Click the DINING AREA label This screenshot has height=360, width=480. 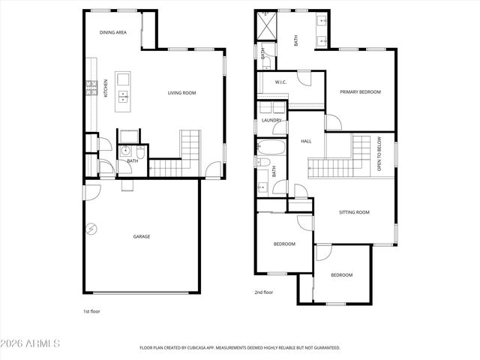point(112,33)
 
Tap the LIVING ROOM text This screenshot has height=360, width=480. point(181,93)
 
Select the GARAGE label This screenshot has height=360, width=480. point(142,236)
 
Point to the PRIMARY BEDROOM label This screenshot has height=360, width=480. point(360,92)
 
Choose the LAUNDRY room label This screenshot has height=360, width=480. point(271,120)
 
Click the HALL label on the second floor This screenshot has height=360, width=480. point(306,141)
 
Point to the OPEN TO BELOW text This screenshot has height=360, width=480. point(379,154)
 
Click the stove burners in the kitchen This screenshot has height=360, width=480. point(91,88)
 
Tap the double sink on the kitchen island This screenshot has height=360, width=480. point(124,95)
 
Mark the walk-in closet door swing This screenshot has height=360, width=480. point(303,77)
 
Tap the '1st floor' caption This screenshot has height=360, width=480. point(91,310)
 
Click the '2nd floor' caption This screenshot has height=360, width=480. point(263,293)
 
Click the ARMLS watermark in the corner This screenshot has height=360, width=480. point(31,343)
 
